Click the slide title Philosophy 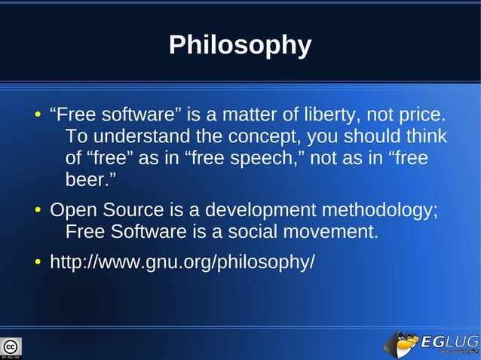(x=240, y=45)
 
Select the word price (x=423, y=116)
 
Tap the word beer (x=89, y=182)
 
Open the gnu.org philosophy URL (x=182, y=263)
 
